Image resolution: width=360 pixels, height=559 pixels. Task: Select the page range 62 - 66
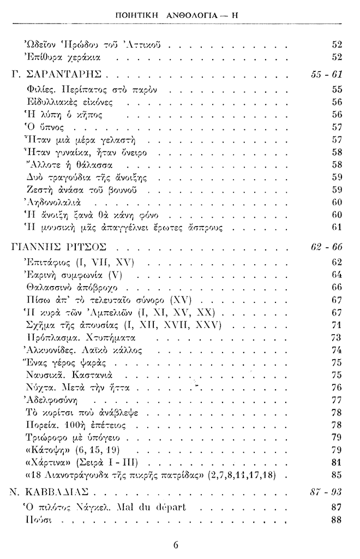pos(326,247)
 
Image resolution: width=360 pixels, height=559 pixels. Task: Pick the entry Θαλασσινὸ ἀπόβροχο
pos(76,287)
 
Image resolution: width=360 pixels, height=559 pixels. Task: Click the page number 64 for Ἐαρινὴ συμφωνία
pos(336,274)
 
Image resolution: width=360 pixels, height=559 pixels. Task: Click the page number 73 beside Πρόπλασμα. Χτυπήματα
pos(336,337)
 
